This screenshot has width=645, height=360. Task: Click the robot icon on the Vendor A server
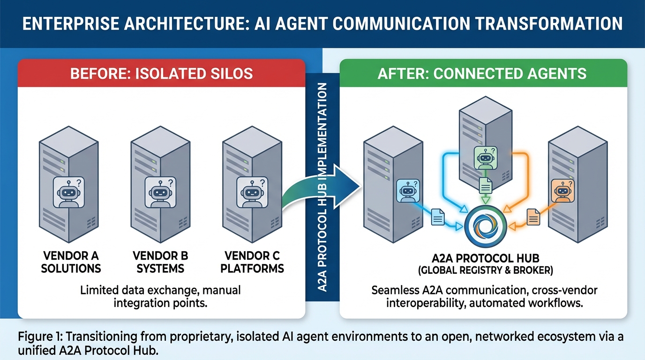tap(68, 192)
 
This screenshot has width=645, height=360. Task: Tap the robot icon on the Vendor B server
tap(160, 192)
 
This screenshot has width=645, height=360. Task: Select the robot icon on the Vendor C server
tap(251, 192)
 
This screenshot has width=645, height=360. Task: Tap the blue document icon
tap(437, 216)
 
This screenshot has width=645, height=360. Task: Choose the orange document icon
tap(533, 216)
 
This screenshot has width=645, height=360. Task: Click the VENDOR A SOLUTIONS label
tap(71, 262)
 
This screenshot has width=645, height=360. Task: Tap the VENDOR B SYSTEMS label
tap(160, 262)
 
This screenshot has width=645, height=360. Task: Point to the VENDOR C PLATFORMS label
tap(252, 262)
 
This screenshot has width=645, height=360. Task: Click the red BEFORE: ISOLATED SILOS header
tap(161, 73)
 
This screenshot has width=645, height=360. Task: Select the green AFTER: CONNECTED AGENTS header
tap(482, 73)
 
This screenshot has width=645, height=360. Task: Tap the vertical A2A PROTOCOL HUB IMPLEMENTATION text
tap(322, 187)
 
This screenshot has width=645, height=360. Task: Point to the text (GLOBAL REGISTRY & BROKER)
tap(485, 270)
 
